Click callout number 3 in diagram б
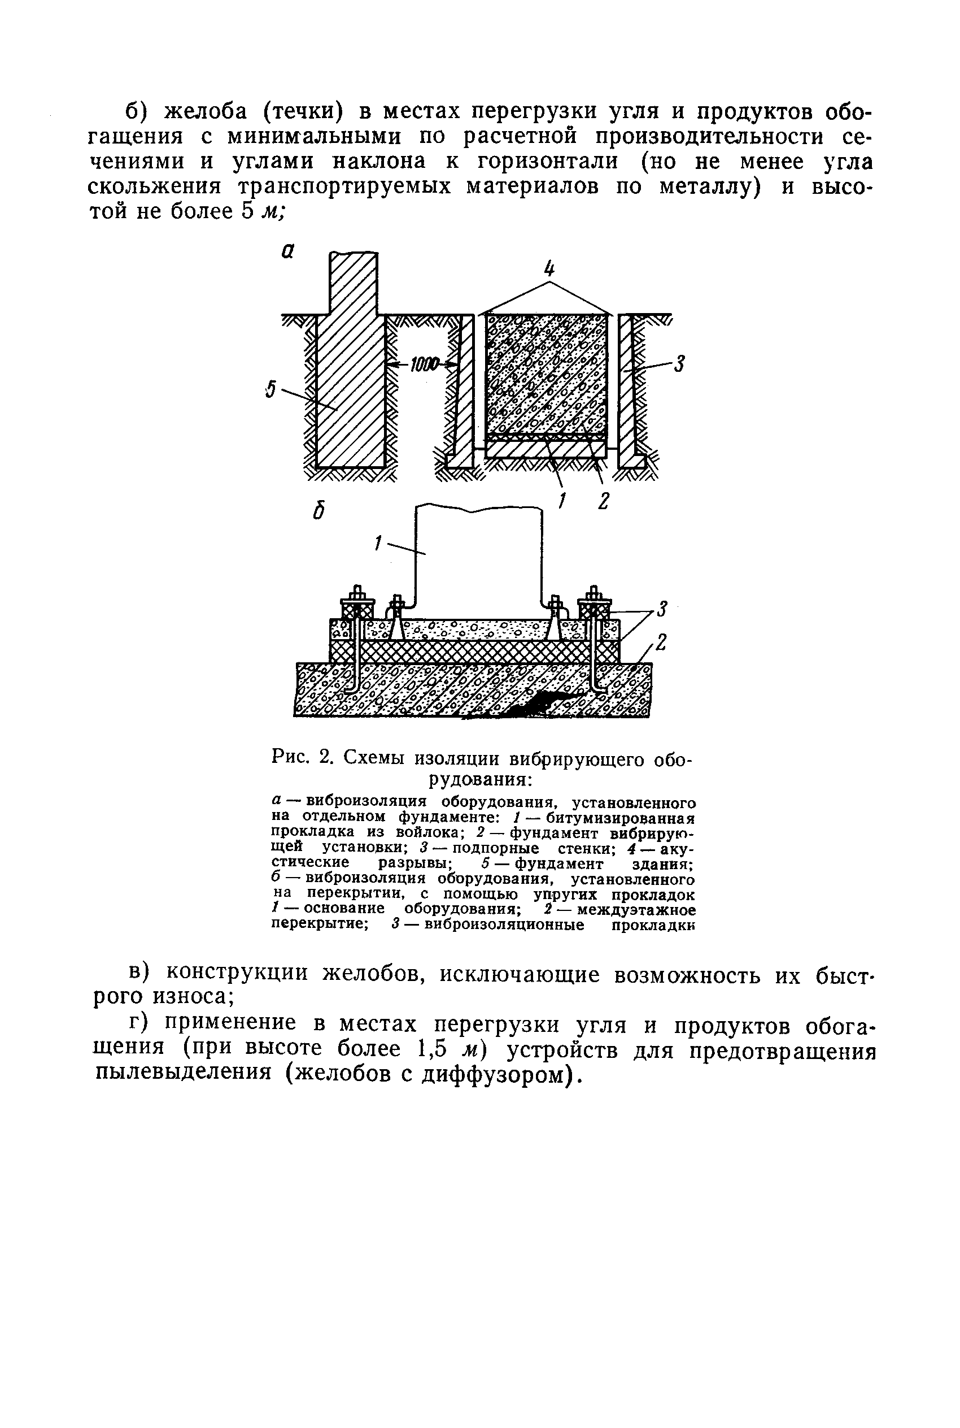click(662, 609)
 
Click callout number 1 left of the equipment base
click(378, 542)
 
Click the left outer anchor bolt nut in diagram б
click(356, 595)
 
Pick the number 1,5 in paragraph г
click(436, 1048)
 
